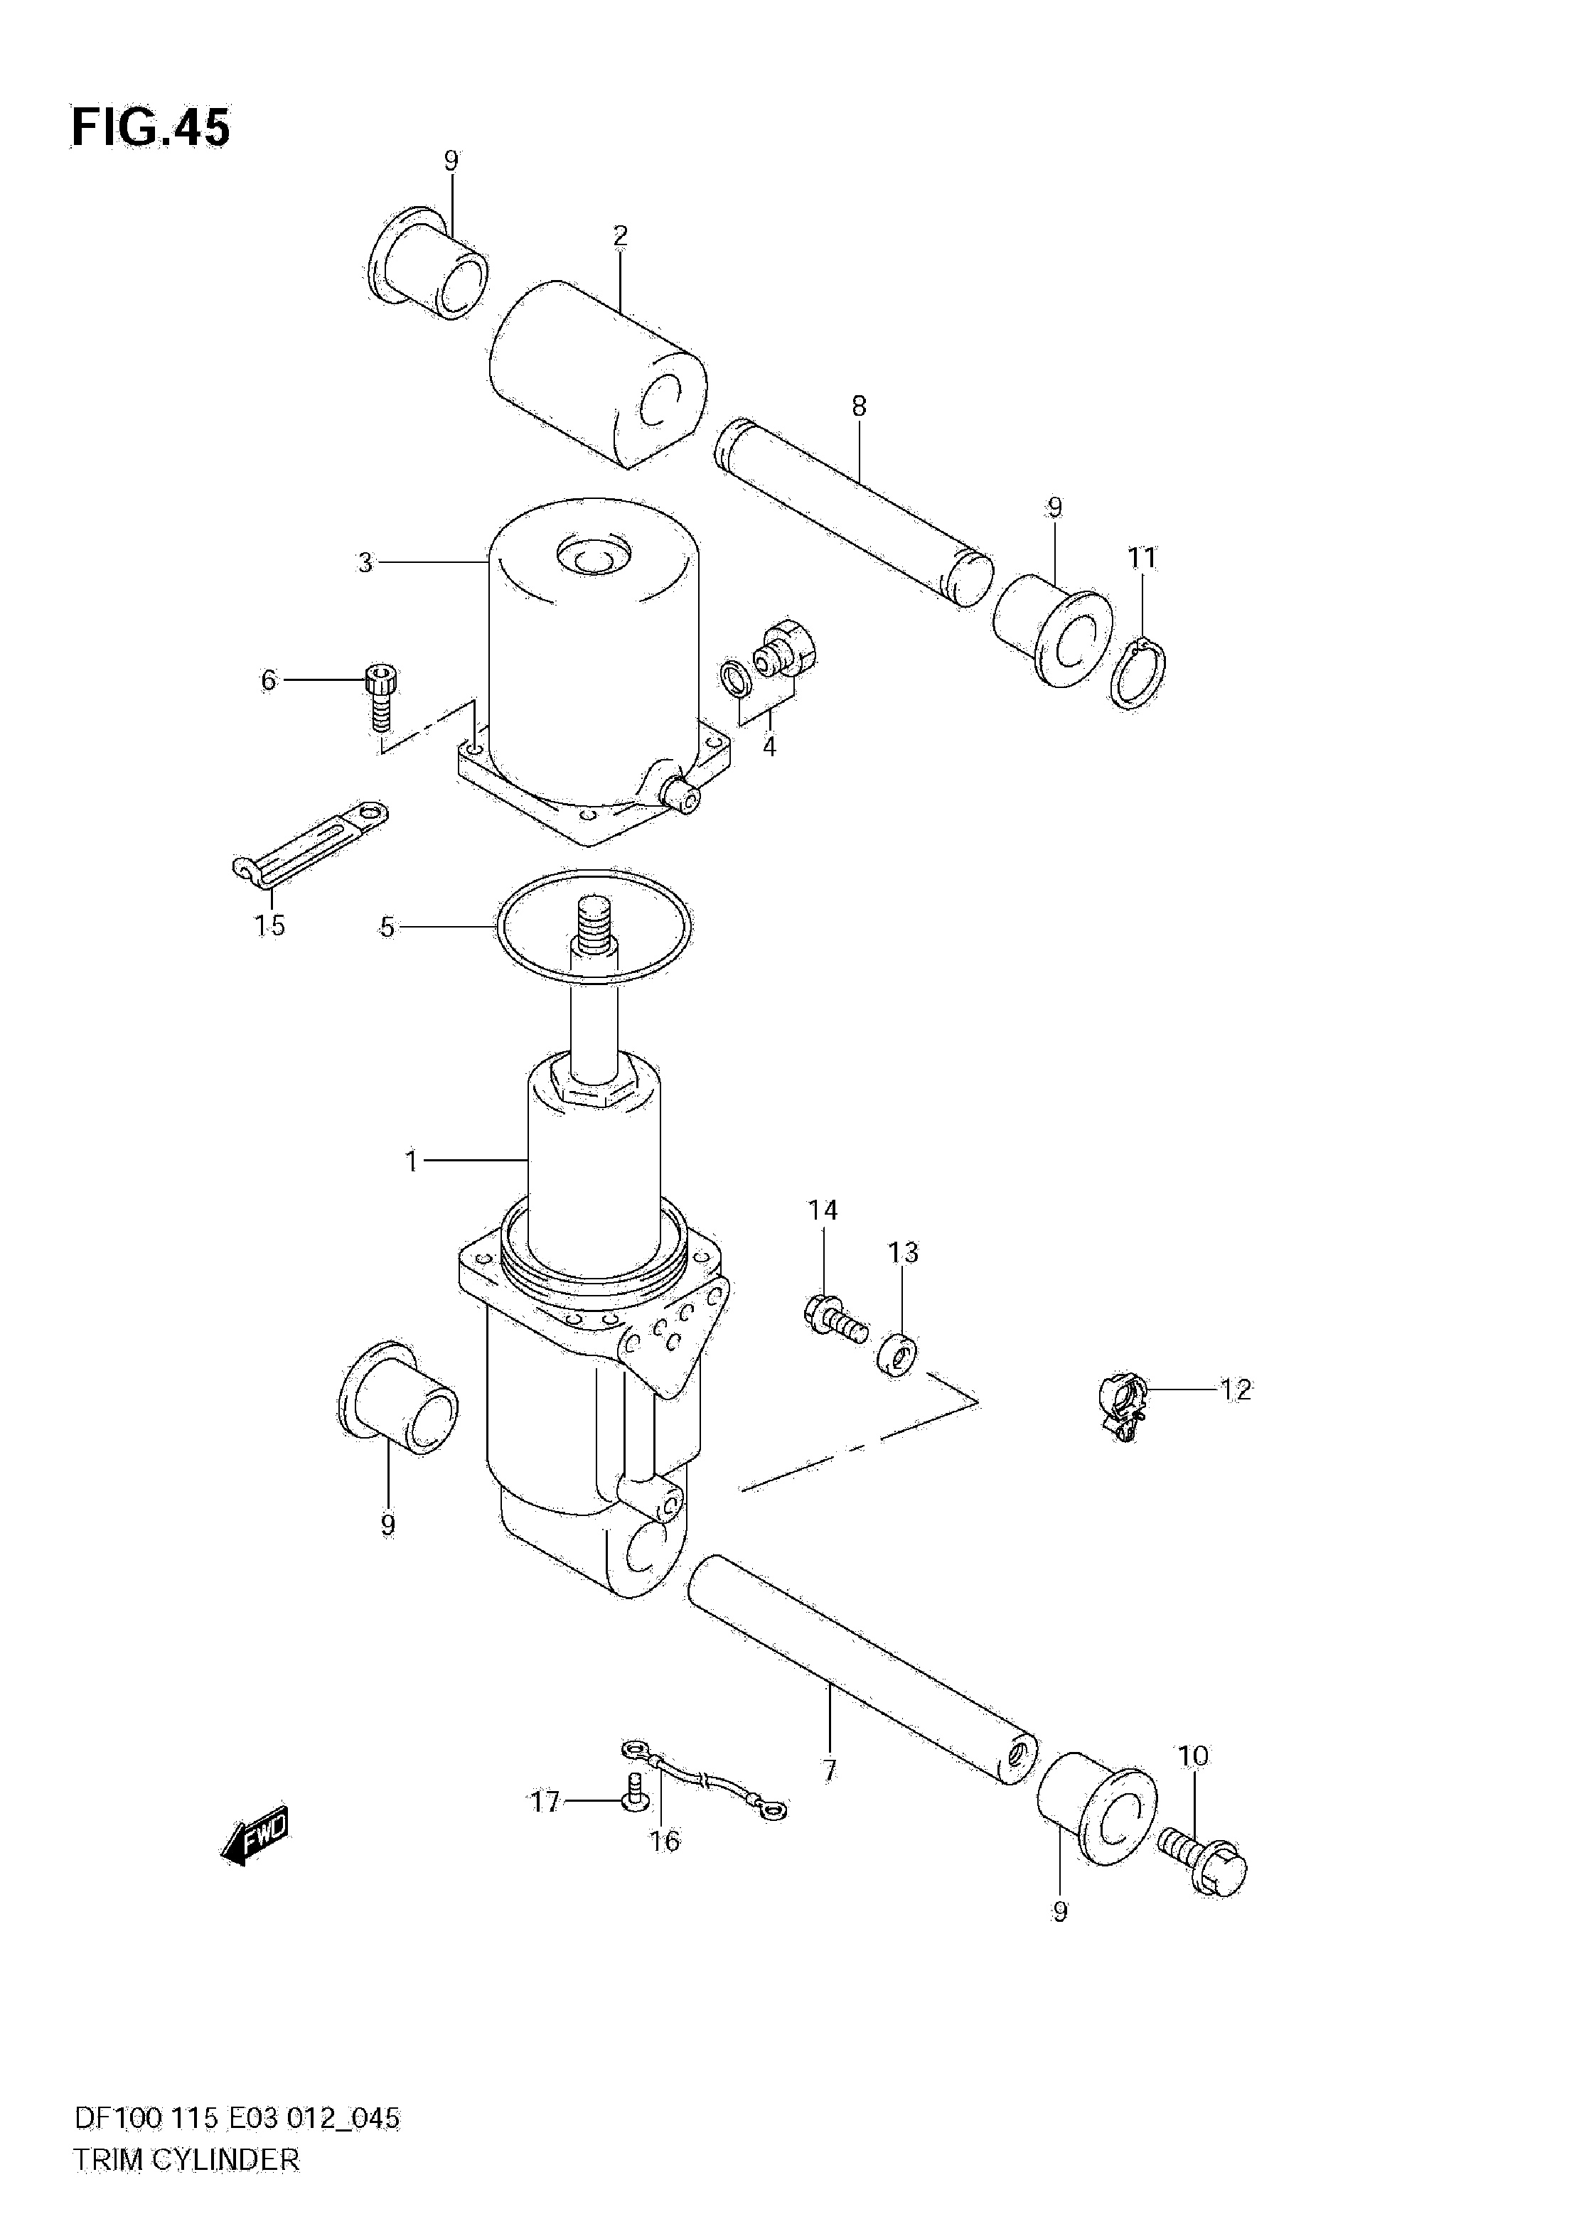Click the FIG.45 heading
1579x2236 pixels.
[151, 129]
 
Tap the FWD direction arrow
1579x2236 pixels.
[256, 1834]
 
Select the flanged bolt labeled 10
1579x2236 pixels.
[1204, 1863]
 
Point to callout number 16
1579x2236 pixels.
[665, 1842]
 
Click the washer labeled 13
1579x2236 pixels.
[897, 1355]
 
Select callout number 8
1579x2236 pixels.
[858, 406]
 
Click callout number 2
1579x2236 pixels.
[621, 236]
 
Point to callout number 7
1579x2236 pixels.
[829, 1770]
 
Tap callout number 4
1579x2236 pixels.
[769, 748]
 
